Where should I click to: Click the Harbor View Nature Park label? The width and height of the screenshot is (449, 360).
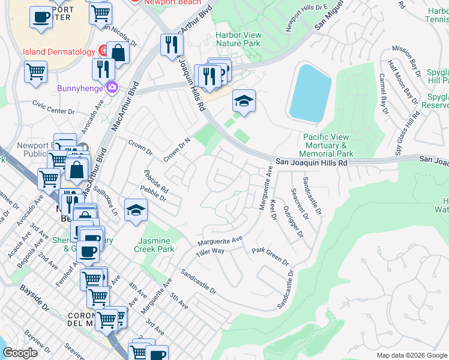tap(238, 39)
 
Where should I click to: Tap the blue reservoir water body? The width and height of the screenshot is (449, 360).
tap(310, 94)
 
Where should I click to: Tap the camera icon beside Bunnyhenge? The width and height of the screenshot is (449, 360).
tap(112, 88)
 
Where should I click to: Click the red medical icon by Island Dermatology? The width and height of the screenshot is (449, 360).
tap(104, 51)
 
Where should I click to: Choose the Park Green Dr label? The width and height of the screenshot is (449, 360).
tap(270, 256)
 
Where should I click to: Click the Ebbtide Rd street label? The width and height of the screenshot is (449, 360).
tap(155, 182)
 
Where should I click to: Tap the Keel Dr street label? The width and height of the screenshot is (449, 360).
tap(276, 214)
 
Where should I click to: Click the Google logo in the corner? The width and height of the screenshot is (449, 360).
tap(20, 353)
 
